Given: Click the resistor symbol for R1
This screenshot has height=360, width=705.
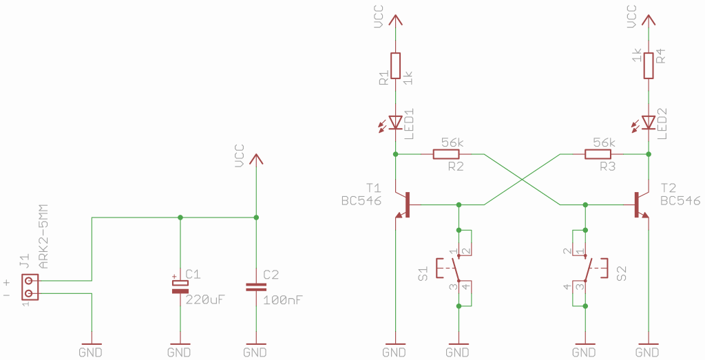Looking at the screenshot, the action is (395, 65).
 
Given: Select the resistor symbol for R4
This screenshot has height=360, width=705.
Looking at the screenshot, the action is (649, 65).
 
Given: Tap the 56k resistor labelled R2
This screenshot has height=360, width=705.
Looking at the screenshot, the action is (446, 154).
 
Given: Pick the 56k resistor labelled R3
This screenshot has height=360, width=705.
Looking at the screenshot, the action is (598, 154).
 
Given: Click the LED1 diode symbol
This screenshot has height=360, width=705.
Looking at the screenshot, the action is (395, 123).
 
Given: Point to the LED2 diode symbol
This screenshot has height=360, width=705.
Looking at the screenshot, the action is (649, 123).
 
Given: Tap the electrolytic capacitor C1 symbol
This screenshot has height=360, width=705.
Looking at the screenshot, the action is (180, 286).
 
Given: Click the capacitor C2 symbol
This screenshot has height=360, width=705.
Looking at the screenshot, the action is (256, 287).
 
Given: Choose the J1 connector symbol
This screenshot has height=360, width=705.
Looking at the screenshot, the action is (30, 287).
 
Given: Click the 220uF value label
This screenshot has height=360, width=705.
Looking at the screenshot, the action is (204, 300).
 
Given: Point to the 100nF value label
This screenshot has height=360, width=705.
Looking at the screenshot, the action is (283, 300).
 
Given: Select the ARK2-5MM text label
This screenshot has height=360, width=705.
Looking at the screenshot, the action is (43, 237).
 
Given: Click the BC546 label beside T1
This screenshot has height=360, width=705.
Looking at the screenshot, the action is (361, 200).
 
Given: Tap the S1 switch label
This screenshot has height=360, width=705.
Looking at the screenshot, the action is (423, 274).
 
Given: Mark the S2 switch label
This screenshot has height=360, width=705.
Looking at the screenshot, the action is (622, 274).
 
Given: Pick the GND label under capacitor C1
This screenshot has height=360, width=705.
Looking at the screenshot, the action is (180, 352).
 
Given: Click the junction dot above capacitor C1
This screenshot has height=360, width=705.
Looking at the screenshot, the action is (180, 218).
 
